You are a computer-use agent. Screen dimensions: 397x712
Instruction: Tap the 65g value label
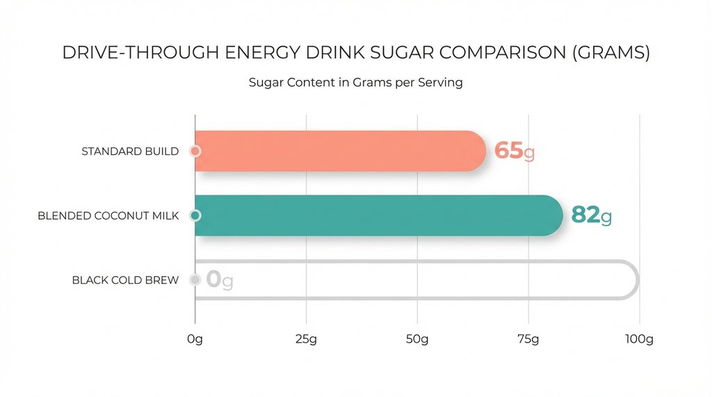(514, 151)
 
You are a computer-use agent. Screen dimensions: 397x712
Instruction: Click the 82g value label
(591, 216)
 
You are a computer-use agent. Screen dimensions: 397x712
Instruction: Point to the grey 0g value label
(219, 280)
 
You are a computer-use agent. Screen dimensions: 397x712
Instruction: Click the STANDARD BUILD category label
(129, 152)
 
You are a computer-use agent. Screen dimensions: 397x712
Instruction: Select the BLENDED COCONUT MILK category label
(108, 216)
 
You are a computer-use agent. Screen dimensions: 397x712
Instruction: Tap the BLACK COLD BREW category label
(125, 280)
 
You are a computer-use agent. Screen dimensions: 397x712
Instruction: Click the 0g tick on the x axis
(195, 339)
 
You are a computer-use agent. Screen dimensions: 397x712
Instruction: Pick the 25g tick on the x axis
(306, 339)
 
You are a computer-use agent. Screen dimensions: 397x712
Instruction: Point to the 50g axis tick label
(417, 339)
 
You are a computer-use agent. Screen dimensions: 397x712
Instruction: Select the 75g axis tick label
(528, 339)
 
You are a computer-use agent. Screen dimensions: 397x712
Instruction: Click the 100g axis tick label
(639, 339)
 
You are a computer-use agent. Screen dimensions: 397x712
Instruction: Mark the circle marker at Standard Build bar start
(195, 151)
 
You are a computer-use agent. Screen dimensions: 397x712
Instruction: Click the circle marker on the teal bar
(195, 216)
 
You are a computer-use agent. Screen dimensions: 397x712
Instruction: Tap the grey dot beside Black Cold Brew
(195, 280)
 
